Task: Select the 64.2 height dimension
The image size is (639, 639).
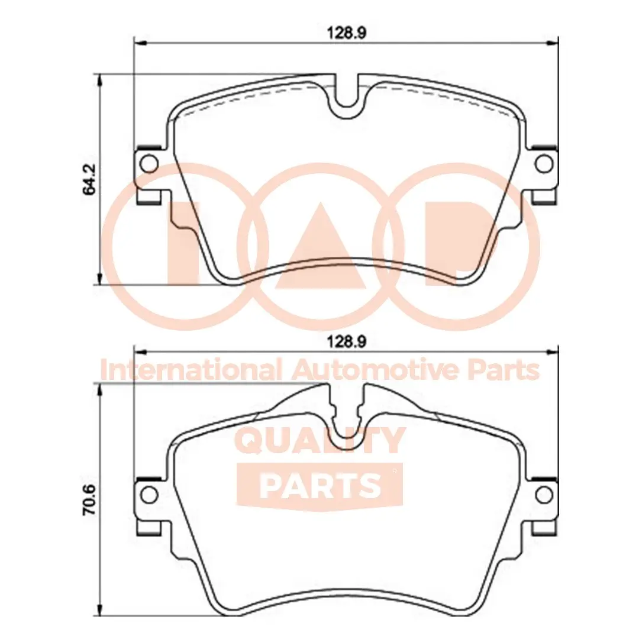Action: click(x=89, y=180)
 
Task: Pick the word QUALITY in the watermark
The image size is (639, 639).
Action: click(x=321, y=441)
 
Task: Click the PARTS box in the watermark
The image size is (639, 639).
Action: click(x=319, y=485)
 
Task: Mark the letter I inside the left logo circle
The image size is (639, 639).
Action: click(x=183, y=243)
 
